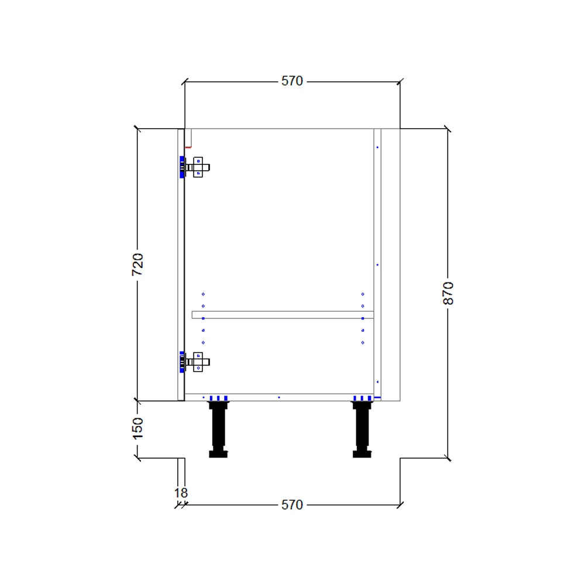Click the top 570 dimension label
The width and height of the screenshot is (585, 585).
point(292,81)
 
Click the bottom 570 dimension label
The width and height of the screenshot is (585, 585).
point(292,505)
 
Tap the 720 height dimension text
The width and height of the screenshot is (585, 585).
point(137,264)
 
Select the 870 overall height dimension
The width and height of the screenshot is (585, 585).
point(448,293)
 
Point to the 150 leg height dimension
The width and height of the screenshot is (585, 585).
point(137,428)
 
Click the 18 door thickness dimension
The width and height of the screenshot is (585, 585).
point(181,493)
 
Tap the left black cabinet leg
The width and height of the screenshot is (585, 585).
point(218,427)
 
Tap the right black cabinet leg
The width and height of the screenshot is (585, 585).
point(362,427)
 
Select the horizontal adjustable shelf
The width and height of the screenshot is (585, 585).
point(283,315)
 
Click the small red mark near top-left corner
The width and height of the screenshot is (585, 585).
point(188,147)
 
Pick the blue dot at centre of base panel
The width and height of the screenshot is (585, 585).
point(278,397)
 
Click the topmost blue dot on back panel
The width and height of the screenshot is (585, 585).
point(377,147)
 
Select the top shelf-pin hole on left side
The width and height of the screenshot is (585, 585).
point(203,294)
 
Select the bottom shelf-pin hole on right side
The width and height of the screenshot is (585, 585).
point(363,343)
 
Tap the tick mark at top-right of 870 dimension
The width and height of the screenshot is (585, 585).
point(448,129)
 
